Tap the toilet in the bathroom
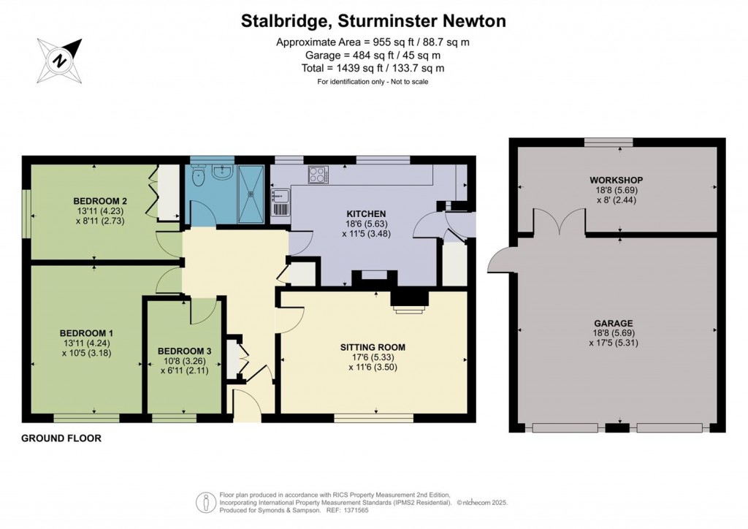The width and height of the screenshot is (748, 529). tap(197, 176)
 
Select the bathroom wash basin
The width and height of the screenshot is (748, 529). tap(223, 172)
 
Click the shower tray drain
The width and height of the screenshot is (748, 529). tap(251, 194)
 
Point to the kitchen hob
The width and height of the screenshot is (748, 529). tap(318, 175)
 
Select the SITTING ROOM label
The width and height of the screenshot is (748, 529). tap(373, 347)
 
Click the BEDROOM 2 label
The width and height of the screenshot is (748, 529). tap(100, 201)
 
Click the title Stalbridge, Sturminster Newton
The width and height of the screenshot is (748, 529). tap(373, 21)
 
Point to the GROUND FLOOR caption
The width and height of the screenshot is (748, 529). tap(61, 438)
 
